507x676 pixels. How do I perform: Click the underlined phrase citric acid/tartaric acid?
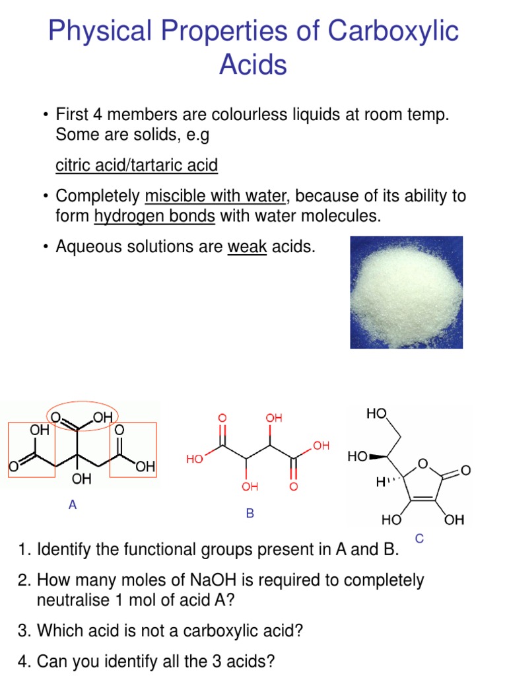click(x=137, y=165)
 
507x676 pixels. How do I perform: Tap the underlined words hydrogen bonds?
click(x=155, y=216)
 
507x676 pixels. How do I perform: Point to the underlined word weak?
click(x=247, y=247)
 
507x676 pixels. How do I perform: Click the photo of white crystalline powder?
click(x=406, y=292)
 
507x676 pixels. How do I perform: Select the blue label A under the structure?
click(x=73, y=505)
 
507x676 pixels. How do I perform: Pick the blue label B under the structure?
click(x=250, y=513)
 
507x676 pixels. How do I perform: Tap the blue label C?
click(x=419, y=539)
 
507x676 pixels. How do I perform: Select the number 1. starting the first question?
click(x=26, y=549)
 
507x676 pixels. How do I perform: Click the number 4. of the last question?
click(x=25, y=661)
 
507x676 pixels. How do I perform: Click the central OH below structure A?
click(x=82, y=478)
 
